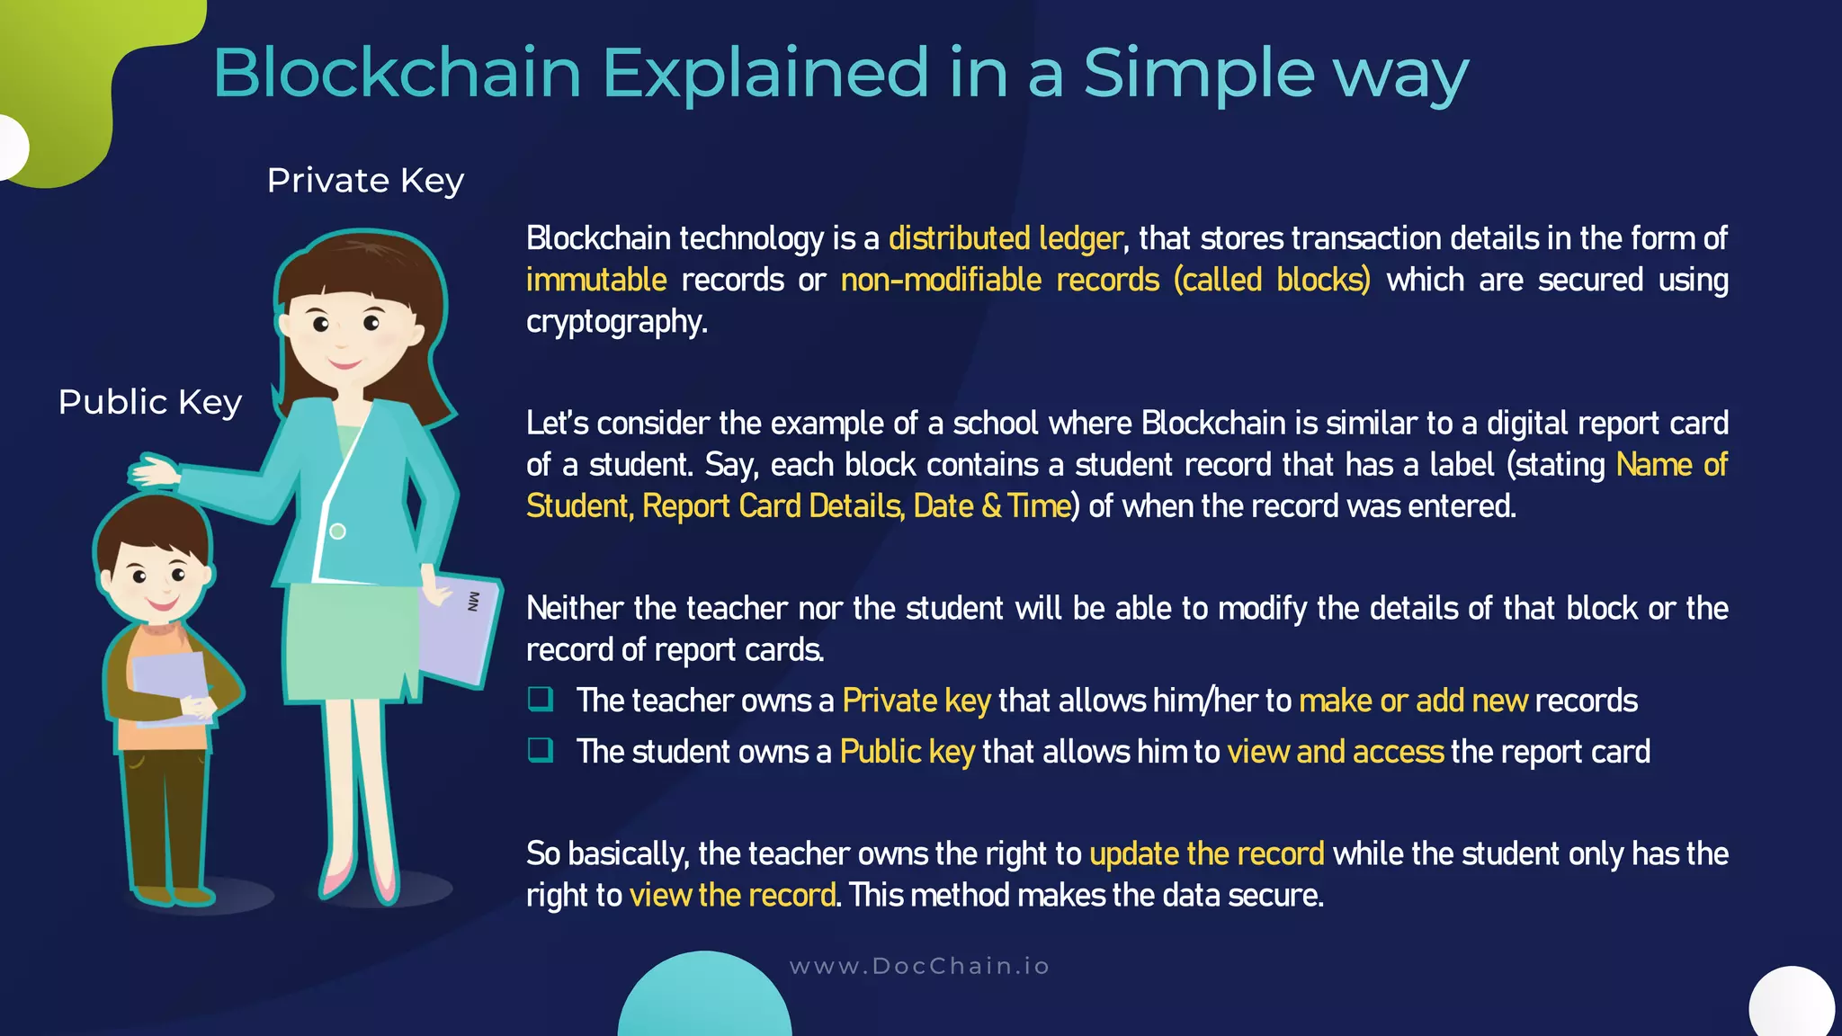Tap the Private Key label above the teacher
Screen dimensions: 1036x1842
coord(365,181)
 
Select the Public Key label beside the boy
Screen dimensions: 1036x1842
coord(150,402)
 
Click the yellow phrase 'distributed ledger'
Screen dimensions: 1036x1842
coord(1005,238)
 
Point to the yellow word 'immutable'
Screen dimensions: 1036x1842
coord(596,280)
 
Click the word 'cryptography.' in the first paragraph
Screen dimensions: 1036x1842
coord(617,321)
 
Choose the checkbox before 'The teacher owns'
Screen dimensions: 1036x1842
coord(541,699)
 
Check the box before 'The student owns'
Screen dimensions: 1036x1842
coord(541,750)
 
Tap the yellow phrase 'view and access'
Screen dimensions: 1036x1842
coord(1335,751)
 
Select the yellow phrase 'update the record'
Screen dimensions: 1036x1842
coord(1206,853)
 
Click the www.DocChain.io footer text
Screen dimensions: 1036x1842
coord(919,966)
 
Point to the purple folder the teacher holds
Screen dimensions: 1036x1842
coord(459,630)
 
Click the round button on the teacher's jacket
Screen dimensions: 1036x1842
coord(337,531)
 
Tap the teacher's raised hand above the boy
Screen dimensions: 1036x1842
coord(153,471)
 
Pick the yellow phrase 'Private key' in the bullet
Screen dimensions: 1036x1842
coord(916,701)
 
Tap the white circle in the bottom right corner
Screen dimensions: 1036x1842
coord(1791,1004)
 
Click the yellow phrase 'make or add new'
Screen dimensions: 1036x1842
coord(1413,701)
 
